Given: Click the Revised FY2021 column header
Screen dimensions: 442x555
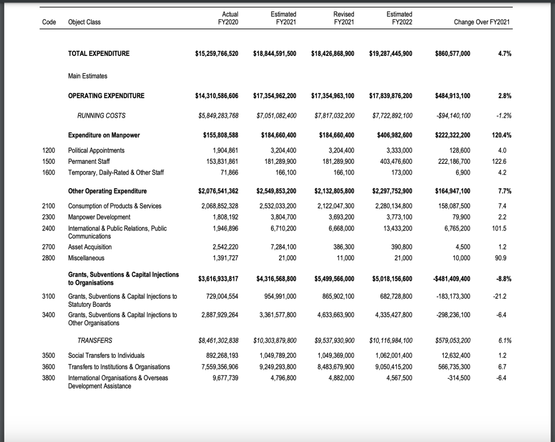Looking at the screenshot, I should (x=341, y=18).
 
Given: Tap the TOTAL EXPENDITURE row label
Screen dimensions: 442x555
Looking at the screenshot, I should (x=99, y=53).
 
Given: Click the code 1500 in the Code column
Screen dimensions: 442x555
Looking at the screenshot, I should (x=49, y=161).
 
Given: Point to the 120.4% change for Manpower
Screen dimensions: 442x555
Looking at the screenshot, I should (x=501, y=135).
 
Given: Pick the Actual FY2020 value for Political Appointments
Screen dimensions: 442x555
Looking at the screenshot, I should (x=223, y=150).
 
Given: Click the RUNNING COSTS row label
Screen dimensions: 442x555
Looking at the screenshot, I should (x=101, y=116).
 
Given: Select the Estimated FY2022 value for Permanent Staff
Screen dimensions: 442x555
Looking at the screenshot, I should (x=393, y=161).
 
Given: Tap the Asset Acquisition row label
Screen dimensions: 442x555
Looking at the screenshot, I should (x=90, y=247).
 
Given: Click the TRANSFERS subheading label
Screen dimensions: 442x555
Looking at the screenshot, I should (x=95, y=341).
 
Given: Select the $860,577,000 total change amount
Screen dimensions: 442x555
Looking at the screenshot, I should (x=453, y=53).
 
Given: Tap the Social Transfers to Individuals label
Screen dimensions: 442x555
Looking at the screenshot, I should (x=106, y=356).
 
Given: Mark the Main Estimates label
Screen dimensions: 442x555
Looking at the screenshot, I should (x=88, y=76).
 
